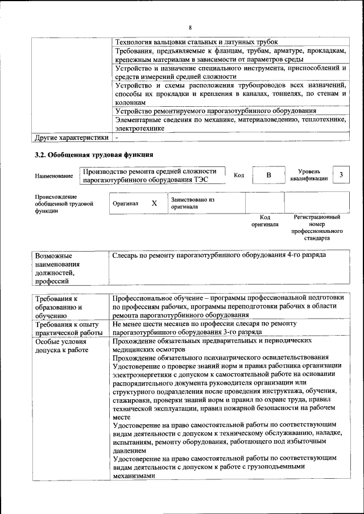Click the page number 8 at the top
[191, 27]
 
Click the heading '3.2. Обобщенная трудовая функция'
[94, 154]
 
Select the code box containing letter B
[268, 175]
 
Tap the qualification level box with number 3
[340, 175]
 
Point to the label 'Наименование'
[54, 176]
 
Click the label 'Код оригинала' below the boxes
[264, 220]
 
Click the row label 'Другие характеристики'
[71, 137]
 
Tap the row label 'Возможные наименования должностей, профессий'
[57, 268]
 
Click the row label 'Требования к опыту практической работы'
[68, 328]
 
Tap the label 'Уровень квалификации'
[309, 175]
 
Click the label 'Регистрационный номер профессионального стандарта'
[317, 228]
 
